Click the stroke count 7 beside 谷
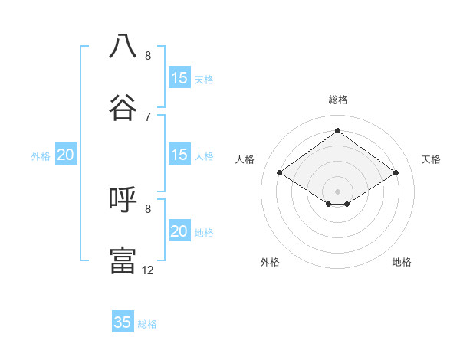148,116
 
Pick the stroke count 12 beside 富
148,270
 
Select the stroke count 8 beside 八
148,55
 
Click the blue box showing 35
123,322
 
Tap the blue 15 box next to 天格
179,78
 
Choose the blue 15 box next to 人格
179,155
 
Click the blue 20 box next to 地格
179,231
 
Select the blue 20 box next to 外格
66,155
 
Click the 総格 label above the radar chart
338,100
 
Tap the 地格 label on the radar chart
402,262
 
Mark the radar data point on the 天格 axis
396,172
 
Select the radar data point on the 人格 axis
280,172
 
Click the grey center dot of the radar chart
338,190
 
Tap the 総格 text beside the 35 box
147,324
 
